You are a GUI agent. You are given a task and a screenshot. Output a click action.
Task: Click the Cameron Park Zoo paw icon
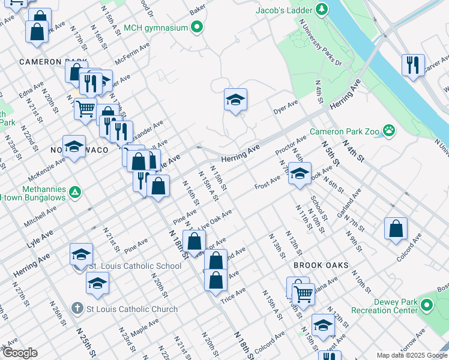(x=390, y=129)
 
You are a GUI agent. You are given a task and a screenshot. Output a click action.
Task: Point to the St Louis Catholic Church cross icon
(x=77, y=308)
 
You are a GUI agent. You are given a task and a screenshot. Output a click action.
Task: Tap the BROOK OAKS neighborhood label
(x=321, y=265)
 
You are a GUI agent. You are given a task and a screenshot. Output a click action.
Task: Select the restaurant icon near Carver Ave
(x=413, y=65)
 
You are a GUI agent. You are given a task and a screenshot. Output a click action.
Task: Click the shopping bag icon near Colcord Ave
(x=396, y=229)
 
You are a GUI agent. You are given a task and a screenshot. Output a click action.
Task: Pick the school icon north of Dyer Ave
(x=236, y=100)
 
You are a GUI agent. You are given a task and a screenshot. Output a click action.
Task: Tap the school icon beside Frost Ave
(x=300, y=174)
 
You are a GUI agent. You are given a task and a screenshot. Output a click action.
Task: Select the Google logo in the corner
(x=19, y=353)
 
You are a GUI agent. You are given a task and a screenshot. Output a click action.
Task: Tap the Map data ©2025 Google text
(x=411, y=355)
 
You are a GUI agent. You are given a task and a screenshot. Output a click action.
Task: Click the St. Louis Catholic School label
(x=135, y=266)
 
